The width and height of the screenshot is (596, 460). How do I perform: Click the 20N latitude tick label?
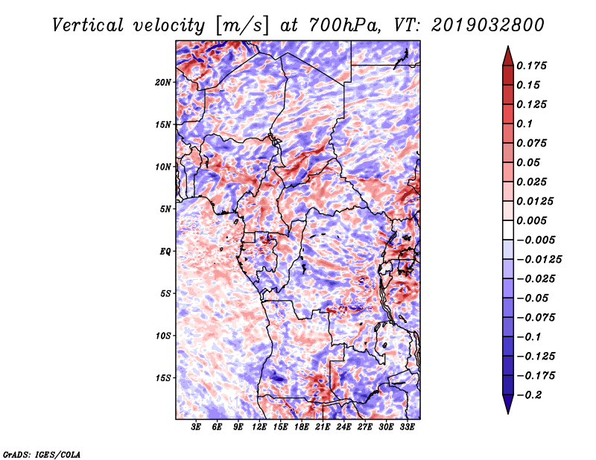pyautogui.click(x=164, y=82)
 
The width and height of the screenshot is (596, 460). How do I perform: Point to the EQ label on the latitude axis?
pyautogui.click(x=166, y=252)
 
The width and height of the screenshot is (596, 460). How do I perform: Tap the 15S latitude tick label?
pyautogui.click(x=164, y=378)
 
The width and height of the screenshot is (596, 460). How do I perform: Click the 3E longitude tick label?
pyautogui.click(x=196, y=428)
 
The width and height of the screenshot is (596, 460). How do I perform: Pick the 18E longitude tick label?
pyautogui.click(x=302, y=428)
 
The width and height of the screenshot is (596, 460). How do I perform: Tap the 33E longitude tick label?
pyautogui.click(x=408, y=428)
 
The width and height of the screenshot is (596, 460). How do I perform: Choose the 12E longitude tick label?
pyautogui.click(x=259, y=428)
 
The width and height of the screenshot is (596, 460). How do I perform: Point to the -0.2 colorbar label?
pyautogui.click(x=530, y=394)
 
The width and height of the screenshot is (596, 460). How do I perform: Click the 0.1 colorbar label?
pyautogui.click(x=524, y=124)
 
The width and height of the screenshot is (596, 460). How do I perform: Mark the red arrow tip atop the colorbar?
pyautogui.click(x=507, y=51)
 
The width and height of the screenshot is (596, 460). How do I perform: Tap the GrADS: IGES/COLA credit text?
pyautogui.click(x=41, y=453)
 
